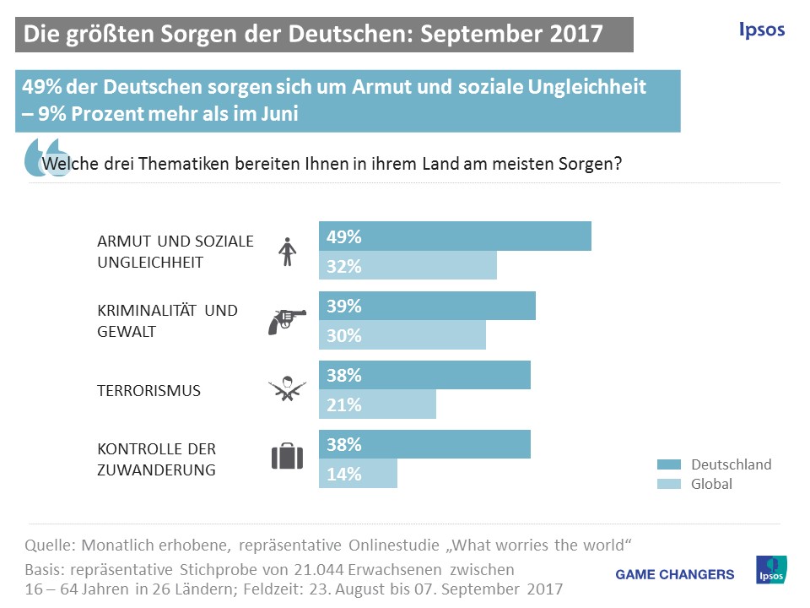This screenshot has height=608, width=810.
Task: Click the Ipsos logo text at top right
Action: pos(761,30)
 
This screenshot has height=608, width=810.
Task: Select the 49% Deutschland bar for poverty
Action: pos(455,237)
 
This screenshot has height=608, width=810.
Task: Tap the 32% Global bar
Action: pos(408,266)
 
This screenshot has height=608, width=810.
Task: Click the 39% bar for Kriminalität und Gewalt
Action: pos(427,306)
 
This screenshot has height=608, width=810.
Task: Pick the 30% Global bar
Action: pos(402,335)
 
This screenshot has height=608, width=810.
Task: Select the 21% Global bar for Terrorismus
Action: pos(377,404)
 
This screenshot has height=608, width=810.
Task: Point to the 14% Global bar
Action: pos(358,474)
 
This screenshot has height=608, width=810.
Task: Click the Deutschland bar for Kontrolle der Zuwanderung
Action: pos(424,444)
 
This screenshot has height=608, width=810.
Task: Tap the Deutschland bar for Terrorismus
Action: pos(424,375)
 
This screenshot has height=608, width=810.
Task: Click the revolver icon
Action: pos(287,321)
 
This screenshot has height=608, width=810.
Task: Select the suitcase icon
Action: pos(287,457)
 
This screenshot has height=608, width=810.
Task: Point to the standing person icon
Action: pos(288,252)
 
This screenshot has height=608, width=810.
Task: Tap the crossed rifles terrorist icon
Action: pos(287,388)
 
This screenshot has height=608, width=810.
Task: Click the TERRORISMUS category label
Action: pos(149,391)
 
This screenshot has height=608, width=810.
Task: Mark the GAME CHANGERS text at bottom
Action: pos(675,574)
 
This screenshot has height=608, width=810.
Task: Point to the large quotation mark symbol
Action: pos(46,156)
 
